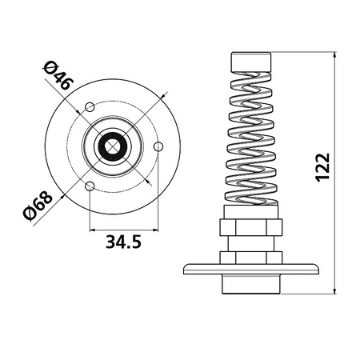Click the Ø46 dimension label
tap(58, 75)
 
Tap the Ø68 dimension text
tap(38, 206)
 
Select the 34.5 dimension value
tap(123, 242)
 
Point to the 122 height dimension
tap(323, 167)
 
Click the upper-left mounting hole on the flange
tap(90, 107)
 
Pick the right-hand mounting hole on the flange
tap(158, 146)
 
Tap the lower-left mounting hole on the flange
tap(90, 186)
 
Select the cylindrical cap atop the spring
tap(251, 62)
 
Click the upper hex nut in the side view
tap(251, 227)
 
